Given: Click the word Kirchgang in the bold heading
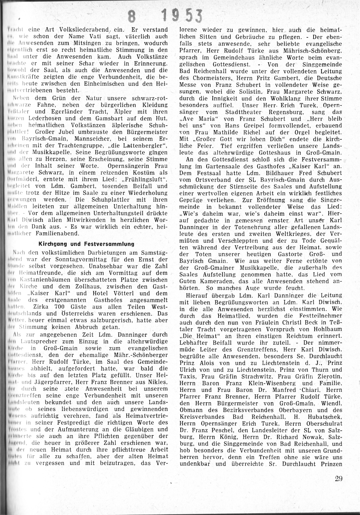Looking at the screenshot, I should (x=53, y=244).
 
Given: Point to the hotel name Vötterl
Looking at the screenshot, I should (x=123, y=293).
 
